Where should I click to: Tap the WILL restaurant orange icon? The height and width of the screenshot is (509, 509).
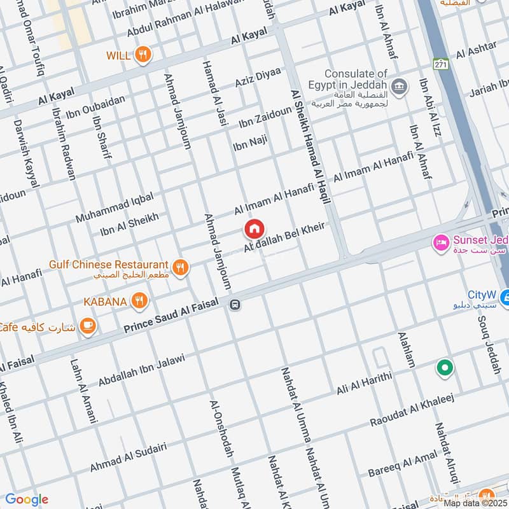(144, 55)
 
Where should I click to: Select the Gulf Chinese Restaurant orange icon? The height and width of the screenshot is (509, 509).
(181, 268)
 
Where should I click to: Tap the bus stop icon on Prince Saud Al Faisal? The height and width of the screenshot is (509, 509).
(235, 305)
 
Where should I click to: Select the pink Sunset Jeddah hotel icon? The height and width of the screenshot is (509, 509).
(440, 242)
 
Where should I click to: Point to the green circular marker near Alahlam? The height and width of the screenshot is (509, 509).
(444, 368)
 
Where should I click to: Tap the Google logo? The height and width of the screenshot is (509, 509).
(27, 499)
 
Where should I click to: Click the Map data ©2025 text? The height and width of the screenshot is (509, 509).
(475, 503)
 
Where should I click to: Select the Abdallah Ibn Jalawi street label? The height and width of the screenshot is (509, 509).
(141, 370)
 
